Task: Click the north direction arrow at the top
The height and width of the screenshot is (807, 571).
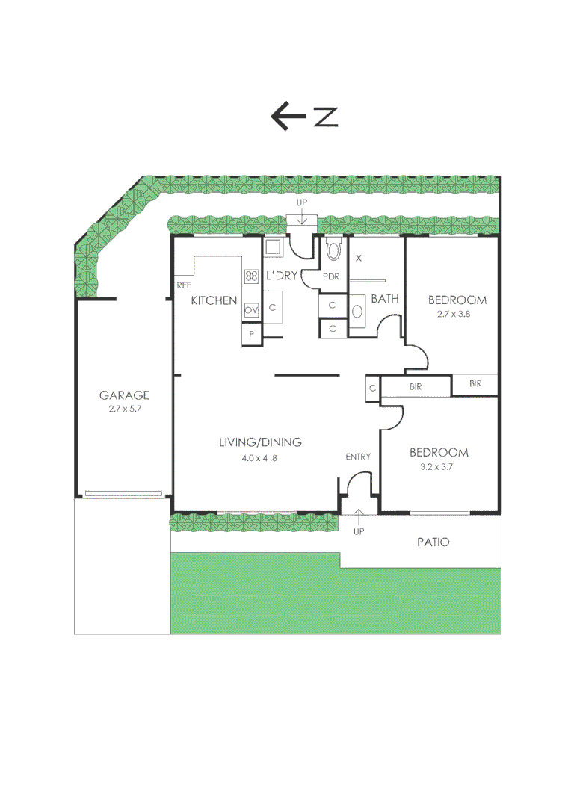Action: pyautogui.click(x=288, y=117)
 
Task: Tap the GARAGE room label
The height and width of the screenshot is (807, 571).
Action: pyautogui.click(x=125, y=395)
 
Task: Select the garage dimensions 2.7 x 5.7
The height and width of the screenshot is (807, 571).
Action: pyautogui.click(x=125, y=409)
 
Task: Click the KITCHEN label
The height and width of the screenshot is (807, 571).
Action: pyautogui.click(x=214, y=300)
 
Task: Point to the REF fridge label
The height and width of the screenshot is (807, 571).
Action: pyautogui.click(x=183, y=285)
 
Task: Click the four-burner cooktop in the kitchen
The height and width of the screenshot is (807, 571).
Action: pyautogui.click(x=251, y=276)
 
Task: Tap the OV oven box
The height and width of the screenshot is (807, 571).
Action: pyautogui.click(x=251, y=309)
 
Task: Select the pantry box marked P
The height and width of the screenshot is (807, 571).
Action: pyautogui.click(x=251, y=335)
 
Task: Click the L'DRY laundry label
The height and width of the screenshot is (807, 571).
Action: pyautogui.click(x=282, y=276)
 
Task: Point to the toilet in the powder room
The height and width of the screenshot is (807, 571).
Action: pyautogui.click(x=333, y=249)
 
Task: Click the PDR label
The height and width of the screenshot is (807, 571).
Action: pyautogui.click(x=331, y=276)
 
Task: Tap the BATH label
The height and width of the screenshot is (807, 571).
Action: pyautogui.click(x=385, y=298)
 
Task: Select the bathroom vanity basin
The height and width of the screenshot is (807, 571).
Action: pyautogui.click(x=357, y=312)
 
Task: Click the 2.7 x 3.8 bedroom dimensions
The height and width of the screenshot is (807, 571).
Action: pyautogui.click(x=457, y=315)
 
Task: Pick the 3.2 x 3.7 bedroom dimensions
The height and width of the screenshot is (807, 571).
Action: pyautogui.click(x=439, y=466)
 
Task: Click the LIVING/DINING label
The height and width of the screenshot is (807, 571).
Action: pyautogui.click(x=260, y=442)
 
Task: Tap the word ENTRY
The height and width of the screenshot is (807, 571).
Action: pyautogui.click(x=358, y=457)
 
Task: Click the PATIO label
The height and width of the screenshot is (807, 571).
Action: pyautogui.click(x=433, y=542)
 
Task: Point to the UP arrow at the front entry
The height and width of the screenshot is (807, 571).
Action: pyautogui.click(x=359, y=516)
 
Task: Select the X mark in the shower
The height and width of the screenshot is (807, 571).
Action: pyautogui.click(x=359, y=258)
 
